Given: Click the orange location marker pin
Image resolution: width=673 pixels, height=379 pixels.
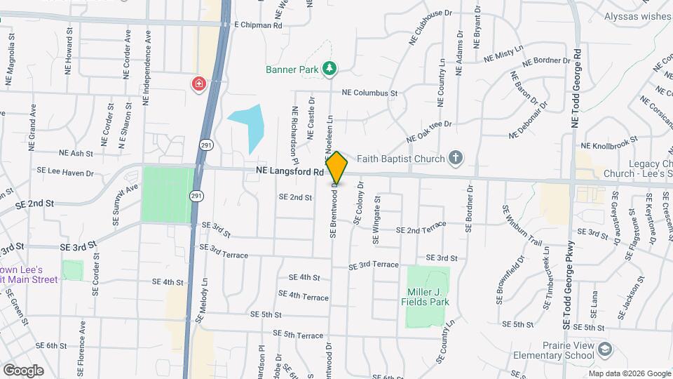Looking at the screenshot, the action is coord(337,168).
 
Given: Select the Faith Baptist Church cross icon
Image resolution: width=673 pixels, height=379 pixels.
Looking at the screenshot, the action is coord(456,157).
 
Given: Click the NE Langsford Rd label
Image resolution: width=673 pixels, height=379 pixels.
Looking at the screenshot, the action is coord(290,171).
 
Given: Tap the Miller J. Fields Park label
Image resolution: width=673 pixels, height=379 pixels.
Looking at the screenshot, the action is coord(428,297).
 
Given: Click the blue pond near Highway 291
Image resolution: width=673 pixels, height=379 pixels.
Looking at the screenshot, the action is coord(249,126).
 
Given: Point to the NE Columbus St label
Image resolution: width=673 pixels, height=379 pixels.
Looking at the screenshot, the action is coord(369,93).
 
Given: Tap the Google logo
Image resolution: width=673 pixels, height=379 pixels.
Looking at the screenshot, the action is coord(23,370).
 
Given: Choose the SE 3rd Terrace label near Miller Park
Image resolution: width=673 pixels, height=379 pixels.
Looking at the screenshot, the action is coord(374,266).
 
